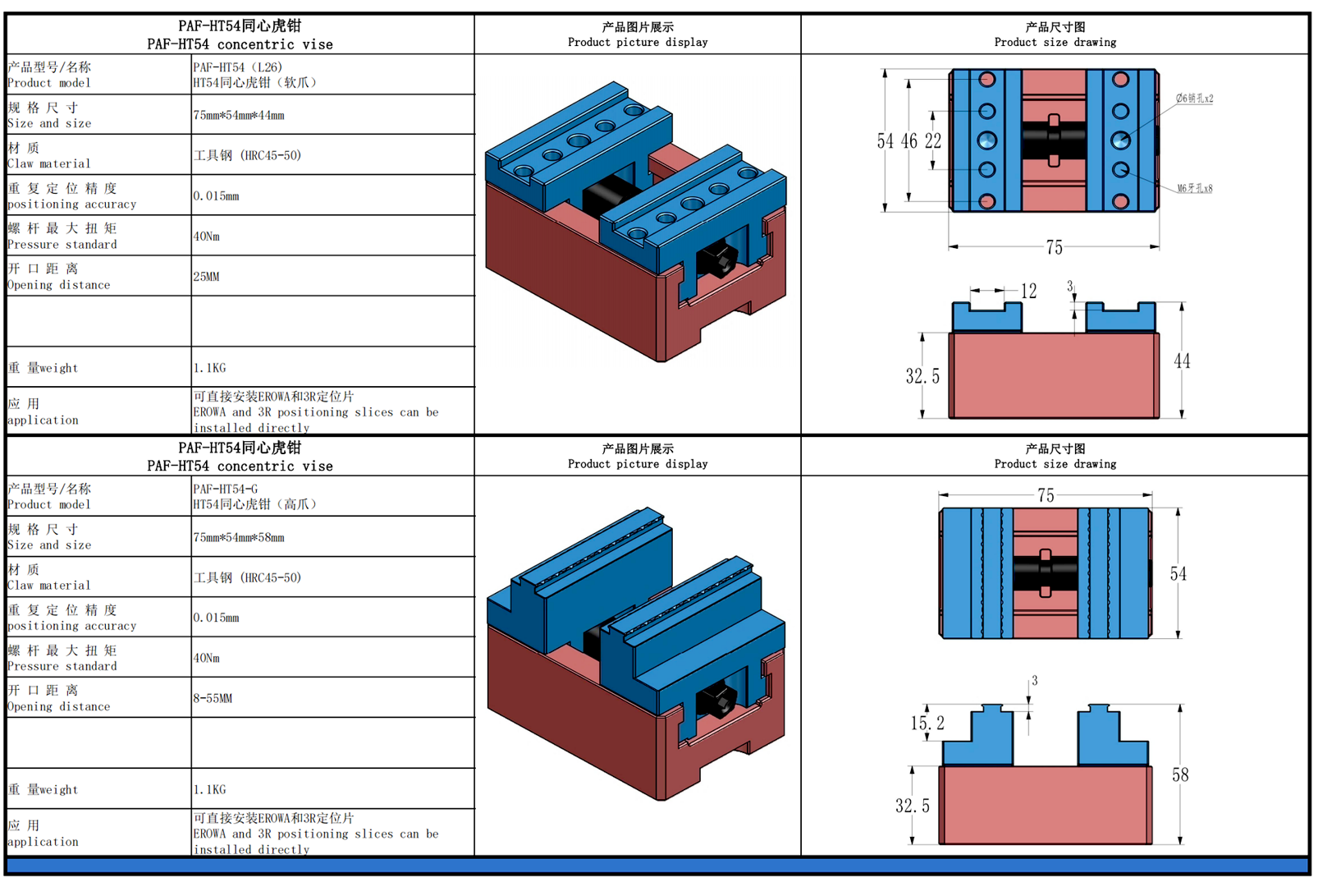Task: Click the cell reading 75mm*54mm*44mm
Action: (x=239, y=116)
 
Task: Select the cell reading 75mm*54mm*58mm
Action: (x=239, y=538)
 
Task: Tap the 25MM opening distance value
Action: (x=207, y=277)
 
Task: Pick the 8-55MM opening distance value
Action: (x=213, y=699)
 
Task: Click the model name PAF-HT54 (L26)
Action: (x=238, y=67)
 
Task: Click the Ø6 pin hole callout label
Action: (x=1194, y=99)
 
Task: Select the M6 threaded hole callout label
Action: (x=1194, y=189)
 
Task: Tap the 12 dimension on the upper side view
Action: (x=1029, y=292)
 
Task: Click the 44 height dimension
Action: (x=1182, y=361)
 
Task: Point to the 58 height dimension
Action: (x=1180, y=775)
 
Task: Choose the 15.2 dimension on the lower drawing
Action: (x=927, y=724)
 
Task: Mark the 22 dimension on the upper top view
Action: (x=933, y=141)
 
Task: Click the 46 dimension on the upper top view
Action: (x=909, y=141)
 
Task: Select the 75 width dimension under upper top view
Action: (x=1055, y=248)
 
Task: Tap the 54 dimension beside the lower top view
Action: (x=1178, y=574)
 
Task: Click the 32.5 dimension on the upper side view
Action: (x=922, y=377)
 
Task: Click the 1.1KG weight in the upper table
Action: (x=210, y=369)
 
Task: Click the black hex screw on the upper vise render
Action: (x=722, y=261)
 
